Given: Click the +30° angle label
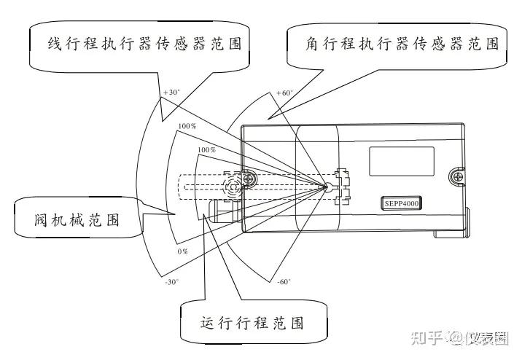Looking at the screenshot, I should click(171, 93).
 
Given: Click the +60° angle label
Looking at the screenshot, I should click(284, 93).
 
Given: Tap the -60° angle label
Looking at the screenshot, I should click(284, 281).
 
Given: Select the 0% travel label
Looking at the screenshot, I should click(182, 251).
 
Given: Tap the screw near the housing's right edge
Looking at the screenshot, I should click(458, 175).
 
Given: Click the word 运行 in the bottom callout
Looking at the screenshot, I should click(212, 322).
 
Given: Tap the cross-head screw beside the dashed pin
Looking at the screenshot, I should click(250, 177).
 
